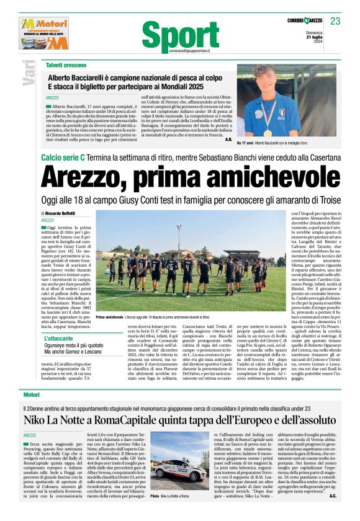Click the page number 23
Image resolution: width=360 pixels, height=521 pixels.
point(335,22)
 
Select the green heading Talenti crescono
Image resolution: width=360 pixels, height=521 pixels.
point(69,65)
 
